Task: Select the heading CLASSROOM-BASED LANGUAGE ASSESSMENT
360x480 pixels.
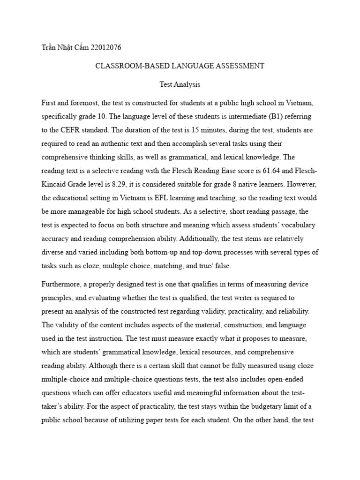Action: coord(180,66)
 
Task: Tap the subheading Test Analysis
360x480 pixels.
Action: coord(180,85)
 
